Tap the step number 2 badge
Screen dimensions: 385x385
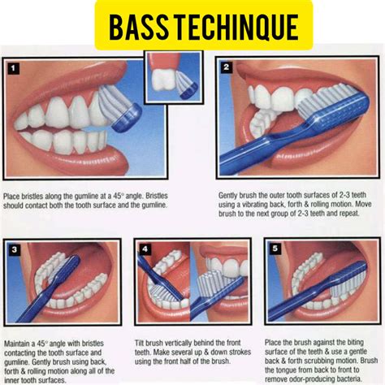point(227,67)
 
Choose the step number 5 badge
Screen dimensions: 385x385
point(275,249)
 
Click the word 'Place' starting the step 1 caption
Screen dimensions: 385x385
point(13,196)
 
